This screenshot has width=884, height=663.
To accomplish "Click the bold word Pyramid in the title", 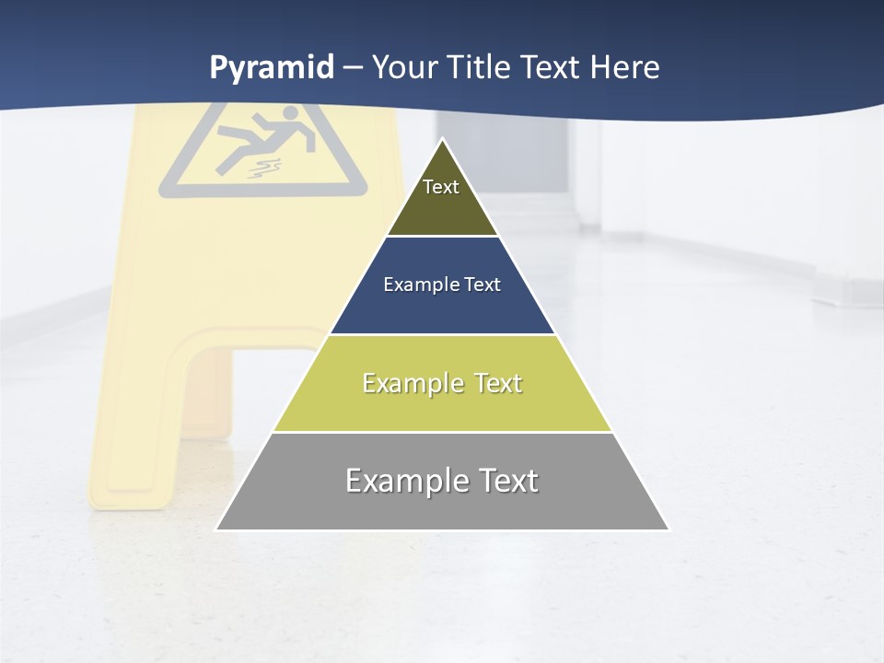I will tap(272, 68).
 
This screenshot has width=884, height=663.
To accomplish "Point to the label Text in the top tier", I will tap(441, 187).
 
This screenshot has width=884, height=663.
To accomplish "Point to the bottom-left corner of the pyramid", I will tap(217, 529).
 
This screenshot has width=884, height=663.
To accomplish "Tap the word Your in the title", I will tap(403, 68).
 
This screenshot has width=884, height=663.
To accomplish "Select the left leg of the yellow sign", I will tap(134, 414).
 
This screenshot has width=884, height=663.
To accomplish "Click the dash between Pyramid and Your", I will tap(353, 68).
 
